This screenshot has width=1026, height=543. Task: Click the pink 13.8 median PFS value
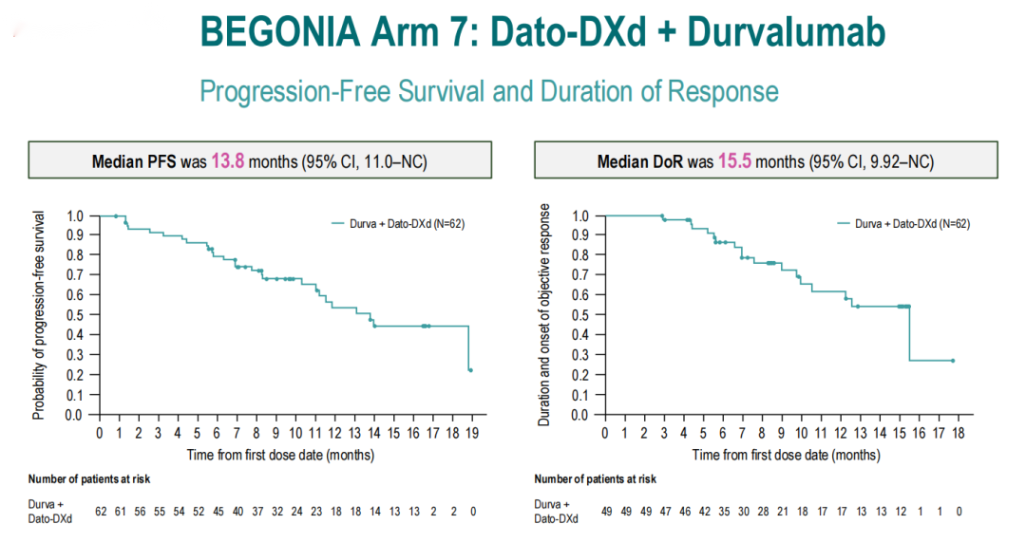(228, 161)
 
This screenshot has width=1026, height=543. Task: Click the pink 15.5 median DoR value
(734, 161)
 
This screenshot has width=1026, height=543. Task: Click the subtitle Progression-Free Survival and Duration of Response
(489, 91)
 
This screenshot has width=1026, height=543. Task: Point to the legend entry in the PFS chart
(397, 224)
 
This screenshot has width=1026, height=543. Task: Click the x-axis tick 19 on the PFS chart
(472, 434)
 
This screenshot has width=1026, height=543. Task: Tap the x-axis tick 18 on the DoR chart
(959, 434)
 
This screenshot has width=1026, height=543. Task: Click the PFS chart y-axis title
(39, 315)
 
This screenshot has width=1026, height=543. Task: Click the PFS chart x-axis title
(280, 455)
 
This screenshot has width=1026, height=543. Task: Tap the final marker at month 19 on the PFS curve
(471, 370)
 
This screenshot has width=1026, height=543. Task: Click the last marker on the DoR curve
(952, 361)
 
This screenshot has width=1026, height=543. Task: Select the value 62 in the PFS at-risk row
(101, 512)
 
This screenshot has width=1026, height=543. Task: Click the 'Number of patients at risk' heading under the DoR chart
(595, 479)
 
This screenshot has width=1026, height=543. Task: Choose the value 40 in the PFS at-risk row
(237, 512)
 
